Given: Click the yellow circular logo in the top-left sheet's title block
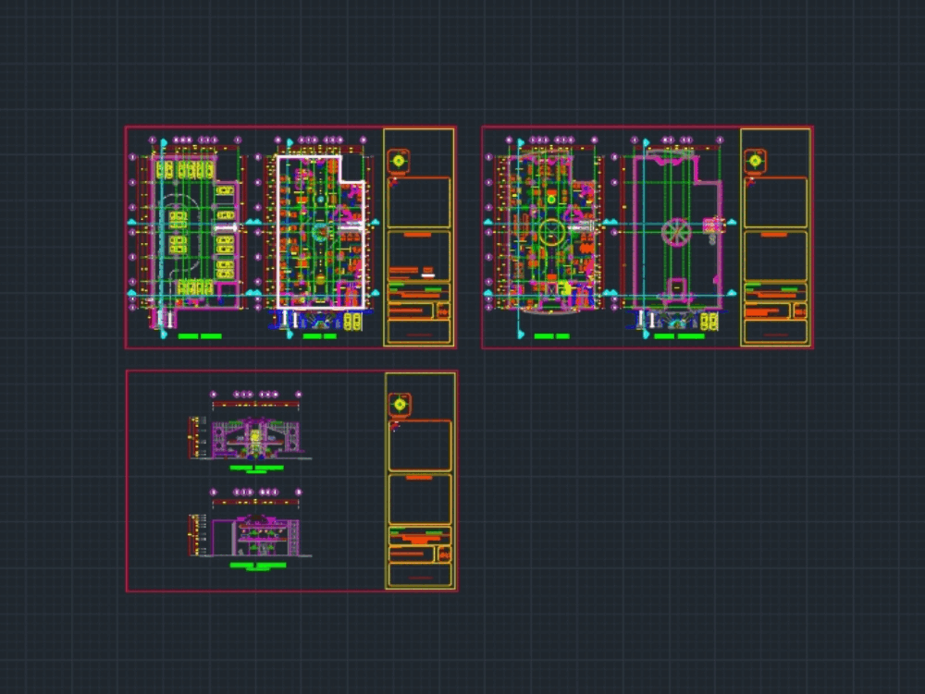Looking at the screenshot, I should click(400, 160).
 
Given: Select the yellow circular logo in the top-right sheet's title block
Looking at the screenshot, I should click(757, 160).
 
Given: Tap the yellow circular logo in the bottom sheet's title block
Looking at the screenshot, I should click(400, 404).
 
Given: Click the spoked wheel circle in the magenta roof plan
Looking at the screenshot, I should click(675, 232).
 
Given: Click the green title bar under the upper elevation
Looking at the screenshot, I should click(256, 469).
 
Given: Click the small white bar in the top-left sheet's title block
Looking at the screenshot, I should click(427, 274).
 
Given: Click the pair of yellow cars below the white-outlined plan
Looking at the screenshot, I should click(352, 322).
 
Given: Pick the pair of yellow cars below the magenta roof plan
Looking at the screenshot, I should click(709, 322).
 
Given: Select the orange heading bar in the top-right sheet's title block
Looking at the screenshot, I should click(775, 235).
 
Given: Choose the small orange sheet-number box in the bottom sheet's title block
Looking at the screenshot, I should click(443, 554).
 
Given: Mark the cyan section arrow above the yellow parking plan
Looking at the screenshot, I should click(164, 143).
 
